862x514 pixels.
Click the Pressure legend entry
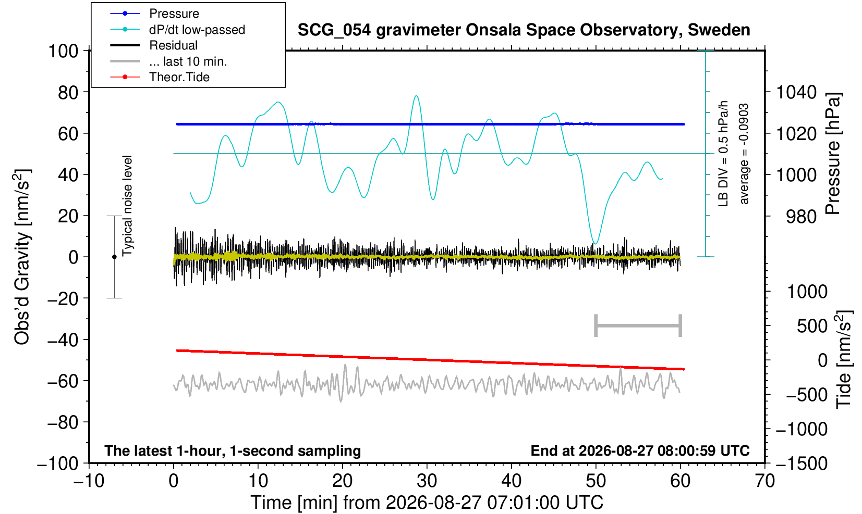pyautogui.click(x=174, y=14)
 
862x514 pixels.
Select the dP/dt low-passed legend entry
pyautogui.click(x=197, y=30)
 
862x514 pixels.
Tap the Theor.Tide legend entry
pyautogui.click(x=179, y=77)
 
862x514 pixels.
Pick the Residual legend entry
pyautogui.click(x=173, y=45)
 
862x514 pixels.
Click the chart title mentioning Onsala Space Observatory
pyautogui.click(x=524, y=30)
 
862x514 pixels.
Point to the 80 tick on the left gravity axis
pyautogui.click(x=68, y=93)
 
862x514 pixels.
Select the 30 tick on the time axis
pyautogui.click(x=427, y=481)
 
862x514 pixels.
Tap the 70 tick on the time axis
pyautogui.click(x=764, y=481)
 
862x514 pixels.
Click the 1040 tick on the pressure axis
pyautogui.click(x=796, y=92)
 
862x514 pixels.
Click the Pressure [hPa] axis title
pyautogui.click(x=833, y=154)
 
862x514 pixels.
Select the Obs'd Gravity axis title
pyautogui.click(x=21, y=257)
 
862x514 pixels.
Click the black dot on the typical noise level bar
pyautogui.click(x=114, y=257)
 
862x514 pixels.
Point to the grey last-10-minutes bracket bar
pyautogui.click(x=638, y=325)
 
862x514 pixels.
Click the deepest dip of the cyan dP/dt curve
pyautogui.click(x=596, y=244)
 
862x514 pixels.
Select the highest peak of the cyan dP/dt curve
pyautogui.click(x=416, y=96)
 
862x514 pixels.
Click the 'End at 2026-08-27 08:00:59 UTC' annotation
pyautogui.click(x=640, y=450)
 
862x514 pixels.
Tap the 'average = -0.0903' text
pyautogui.click(x=744, y=154)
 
